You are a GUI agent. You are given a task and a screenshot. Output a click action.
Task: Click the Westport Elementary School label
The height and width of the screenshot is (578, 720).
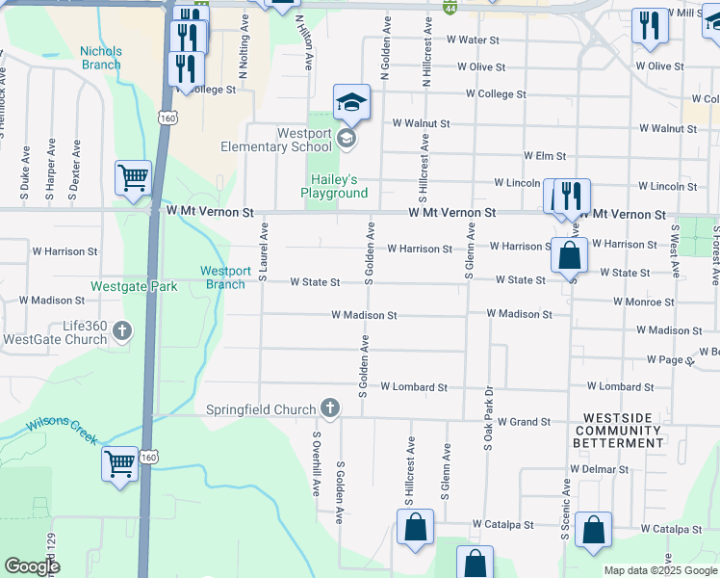pos(290,140)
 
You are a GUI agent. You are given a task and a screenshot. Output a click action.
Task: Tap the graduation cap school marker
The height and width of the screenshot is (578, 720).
pos(351,102)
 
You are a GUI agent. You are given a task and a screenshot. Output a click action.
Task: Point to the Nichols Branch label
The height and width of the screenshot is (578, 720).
pos(101,58)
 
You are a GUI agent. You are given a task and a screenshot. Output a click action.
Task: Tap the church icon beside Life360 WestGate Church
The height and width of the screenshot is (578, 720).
pos(121,332)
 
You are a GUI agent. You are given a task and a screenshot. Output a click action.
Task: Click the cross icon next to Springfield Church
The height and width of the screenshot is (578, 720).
pos(329,408)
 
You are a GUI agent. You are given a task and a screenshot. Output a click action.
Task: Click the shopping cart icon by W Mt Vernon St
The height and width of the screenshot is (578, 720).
pos(133,177)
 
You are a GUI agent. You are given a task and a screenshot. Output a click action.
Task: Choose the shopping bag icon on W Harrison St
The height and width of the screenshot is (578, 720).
pos(570,256)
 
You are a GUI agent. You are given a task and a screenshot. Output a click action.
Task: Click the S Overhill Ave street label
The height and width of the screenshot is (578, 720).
pos(315,462)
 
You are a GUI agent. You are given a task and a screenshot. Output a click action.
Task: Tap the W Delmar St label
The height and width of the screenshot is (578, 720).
pos(598,469)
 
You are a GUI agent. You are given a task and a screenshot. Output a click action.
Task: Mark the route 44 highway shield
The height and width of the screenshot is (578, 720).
pos(450,8)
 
